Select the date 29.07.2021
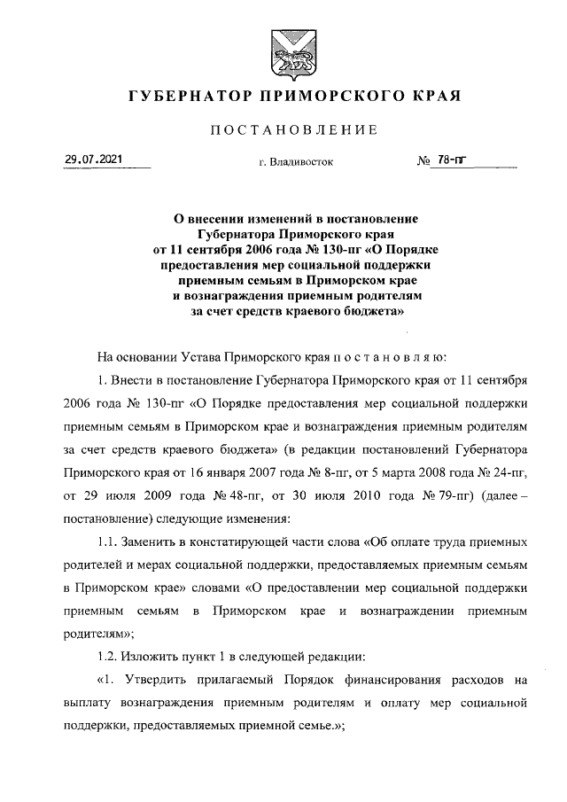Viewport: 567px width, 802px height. tap(93, 160)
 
